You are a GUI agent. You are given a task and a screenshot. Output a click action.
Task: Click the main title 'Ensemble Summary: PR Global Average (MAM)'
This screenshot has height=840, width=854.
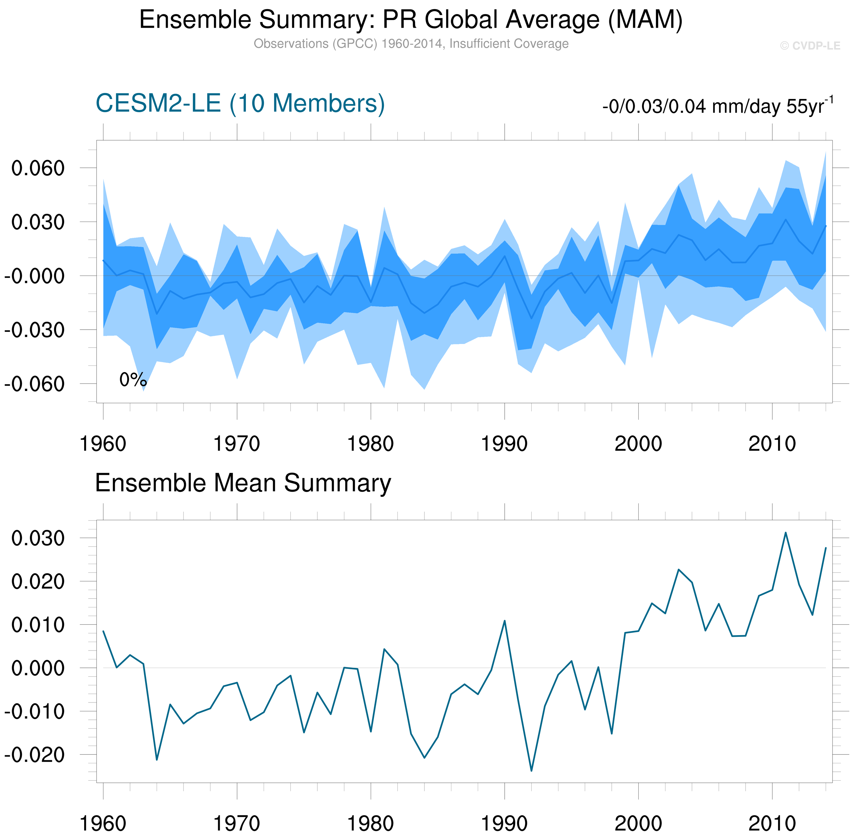click(410, 20)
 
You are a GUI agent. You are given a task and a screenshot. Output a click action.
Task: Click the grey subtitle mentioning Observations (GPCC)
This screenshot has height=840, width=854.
click(410, 44)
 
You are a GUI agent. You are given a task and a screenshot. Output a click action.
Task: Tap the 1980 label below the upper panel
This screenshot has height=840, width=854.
click(370, 444)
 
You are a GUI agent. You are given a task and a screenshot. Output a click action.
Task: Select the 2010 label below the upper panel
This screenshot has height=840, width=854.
click(772, 444)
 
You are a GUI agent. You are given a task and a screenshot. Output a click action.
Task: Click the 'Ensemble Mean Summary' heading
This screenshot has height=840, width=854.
click(243, 483)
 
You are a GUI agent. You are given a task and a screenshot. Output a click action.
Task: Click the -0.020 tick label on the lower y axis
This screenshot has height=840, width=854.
click(34, 755)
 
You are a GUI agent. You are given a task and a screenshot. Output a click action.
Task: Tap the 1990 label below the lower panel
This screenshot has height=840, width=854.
click(504, 824)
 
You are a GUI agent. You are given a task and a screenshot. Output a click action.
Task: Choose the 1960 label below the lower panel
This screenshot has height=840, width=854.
click(103, 824)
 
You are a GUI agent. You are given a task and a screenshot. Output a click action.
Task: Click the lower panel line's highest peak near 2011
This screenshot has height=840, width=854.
click(786, 533)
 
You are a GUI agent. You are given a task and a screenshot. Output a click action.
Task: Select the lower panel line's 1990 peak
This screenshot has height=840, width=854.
click(504, 621)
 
